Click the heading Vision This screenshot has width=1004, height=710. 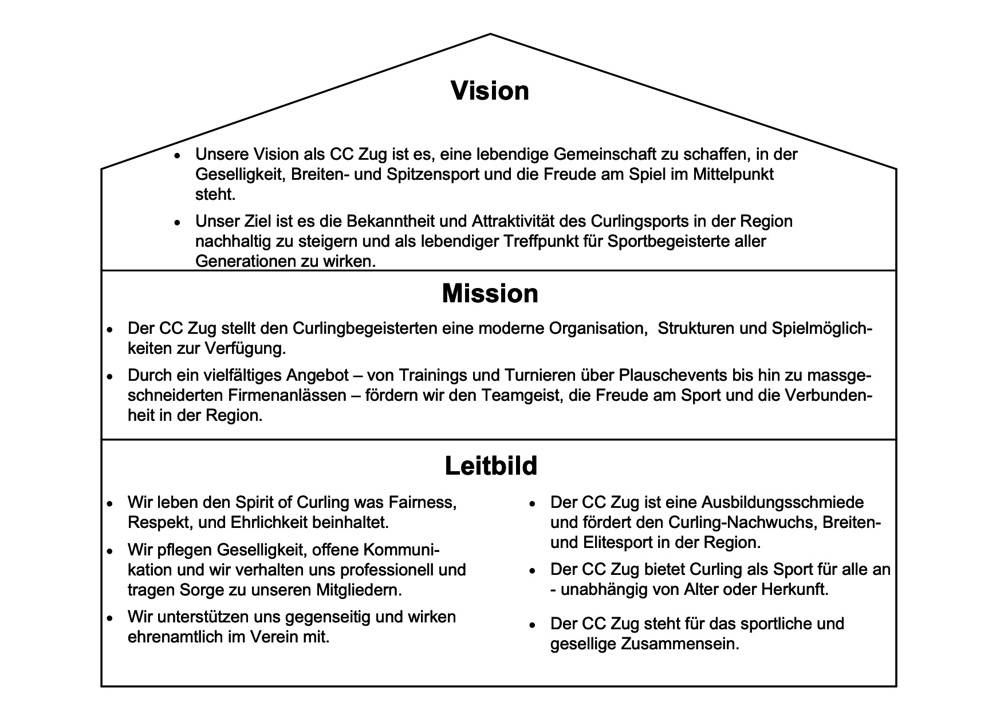[490, 91]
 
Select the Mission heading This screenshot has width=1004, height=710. [490, 294]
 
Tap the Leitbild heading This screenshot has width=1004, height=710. [491, 466]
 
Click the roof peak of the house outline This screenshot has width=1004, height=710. [490, 35]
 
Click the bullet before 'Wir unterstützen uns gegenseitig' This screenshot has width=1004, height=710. [109, 618]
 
